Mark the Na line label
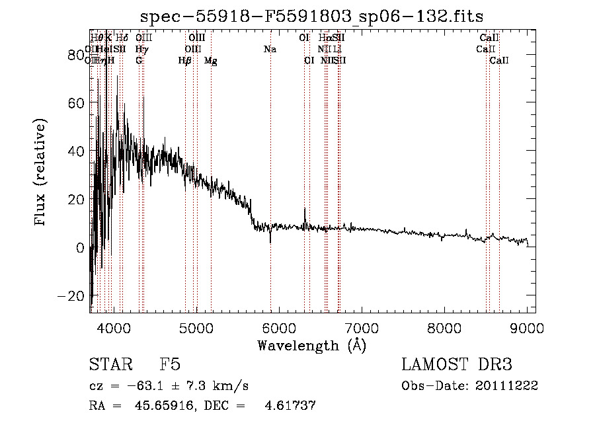[x=270, y=50]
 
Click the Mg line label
[x=210, y=61]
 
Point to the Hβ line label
[x=185, y=61]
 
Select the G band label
[x=139, y=61]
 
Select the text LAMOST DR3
[x=457, y=365]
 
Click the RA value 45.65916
[x=157, y=405]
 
